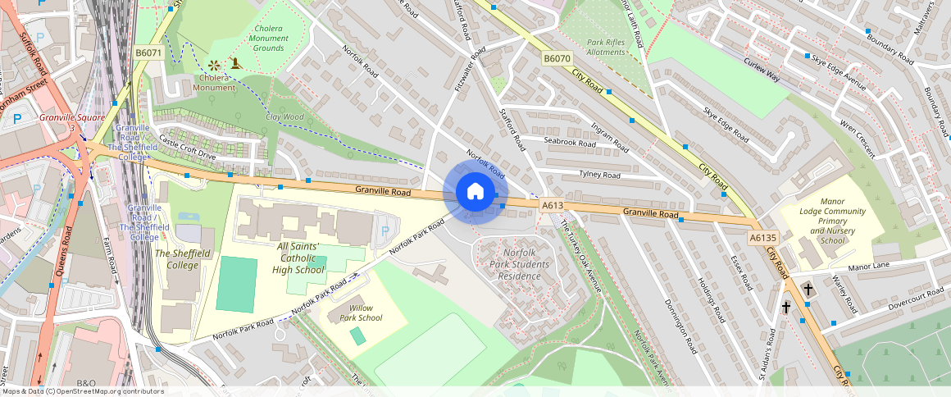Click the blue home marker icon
[x=475, y=192]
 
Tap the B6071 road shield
[x=148, y=52]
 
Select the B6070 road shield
[x=557, y=59]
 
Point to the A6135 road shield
[x=762, y=238]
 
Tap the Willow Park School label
[x=361, y=313]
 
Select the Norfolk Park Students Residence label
[x=520, y=264]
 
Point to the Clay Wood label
[x=284, y=117]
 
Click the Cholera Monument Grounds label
[x=268, y=39]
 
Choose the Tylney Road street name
[x=601, y=175]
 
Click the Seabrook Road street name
[x=569, y=142]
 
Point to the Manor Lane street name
[x=870, y=266]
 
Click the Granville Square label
[x=72, y=118]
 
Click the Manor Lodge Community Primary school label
[x=832, y=221]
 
